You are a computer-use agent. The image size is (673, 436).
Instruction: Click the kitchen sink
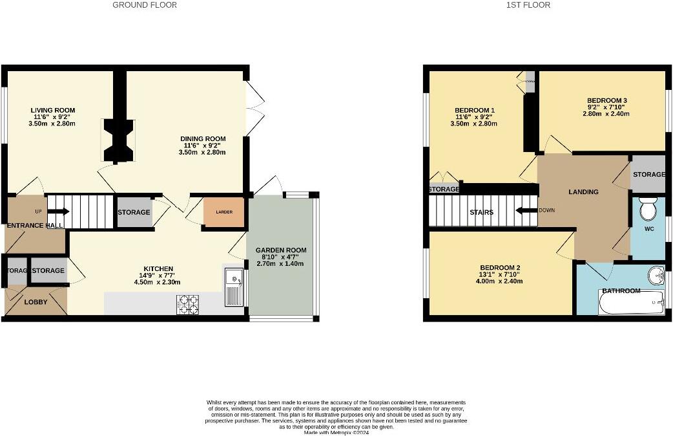(x=233, y=285)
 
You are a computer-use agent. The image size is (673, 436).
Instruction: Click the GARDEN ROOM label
(x=280, y=250)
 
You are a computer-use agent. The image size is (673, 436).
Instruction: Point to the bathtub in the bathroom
(x=631, y=303)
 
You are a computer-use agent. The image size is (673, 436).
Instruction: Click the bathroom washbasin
(x=656, y=275)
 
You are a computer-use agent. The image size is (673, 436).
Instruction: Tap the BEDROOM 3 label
(x=606, y=100)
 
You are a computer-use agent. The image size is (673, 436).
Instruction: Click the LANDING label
(x=583, y=191)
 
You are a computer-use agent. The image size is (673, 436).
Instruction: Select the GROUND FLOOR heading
(x=145, y=5)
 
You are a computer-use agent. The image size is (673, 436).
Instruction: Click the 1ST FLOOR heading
(x=529, y=5)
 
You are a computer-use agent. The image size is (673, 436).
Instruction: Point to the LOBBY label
(x=36, y=302)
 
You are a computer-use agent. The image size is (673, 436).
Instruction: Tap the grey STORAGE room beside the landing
(x=648, y=174)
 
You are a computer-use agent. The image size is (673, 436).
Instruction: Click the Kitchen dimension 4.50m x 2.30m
(x=158, y=281)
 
